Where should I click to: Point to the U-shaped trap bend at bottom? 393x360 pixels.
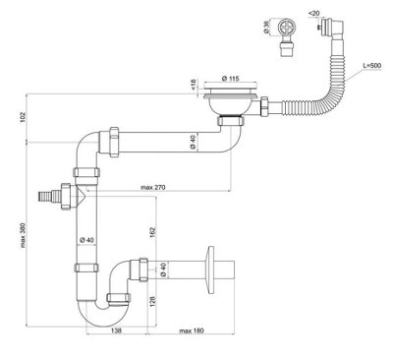pos(113,305)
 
